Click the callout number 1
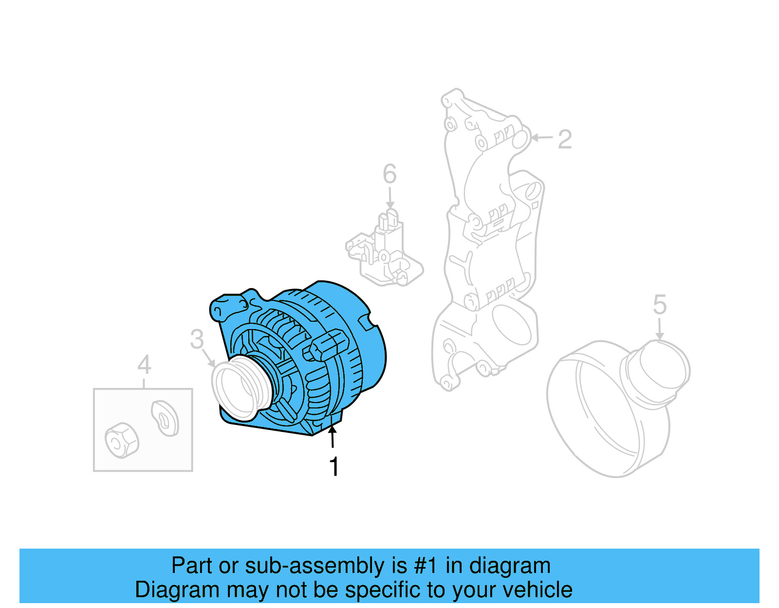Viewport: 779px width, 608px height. tap(334, 466)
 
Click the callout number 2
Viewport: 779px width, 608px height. tap(564, 139)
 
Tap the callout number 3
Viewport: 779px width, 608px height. tap(197, 339)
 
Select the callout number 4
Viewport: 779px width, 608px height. tap(144, 365)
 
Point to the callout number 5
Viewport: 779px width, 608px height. tap(659, 305)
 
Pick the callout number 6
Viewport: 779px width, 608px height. tap(389, 174)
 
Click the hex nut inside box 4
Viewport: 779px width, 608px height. tap(122, 440)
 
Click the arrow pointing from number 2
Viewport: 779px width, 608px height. tap(541, 138)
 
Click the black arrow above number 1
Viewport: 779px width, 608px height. tap(333, 436)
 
